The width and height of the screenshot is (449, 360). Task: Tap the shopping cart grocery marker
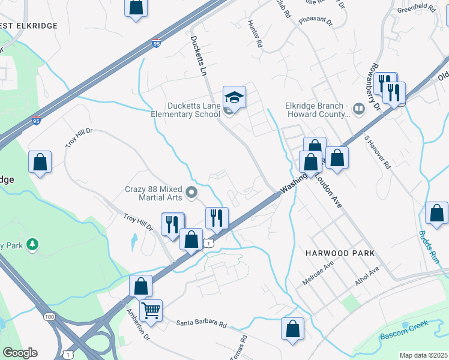pos(151,311)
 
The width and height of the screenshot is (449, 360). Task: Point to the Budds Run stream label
pos(430,247)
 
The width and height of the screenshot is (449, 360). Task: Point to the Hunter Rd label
pos(255,34)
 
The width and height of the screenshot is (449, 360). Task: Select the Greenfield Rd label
pos(415,10)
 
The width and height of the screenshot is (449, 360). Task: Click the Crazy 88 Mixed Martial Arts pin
pos(192,193)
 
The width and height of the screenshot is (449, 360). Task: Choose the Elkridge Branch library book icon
pos(359,109)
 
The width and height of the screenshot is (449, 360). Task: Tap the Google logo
pos(20,353)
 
